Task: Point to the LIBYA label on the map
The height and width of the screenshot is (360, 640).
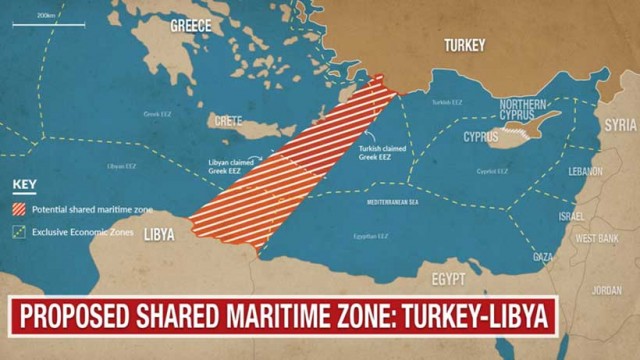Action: point(159,235)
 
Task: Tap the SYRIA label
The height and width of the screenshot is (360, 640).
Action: point(620,125)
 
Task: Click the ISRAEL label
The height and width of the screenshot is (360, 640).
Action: point(571,216)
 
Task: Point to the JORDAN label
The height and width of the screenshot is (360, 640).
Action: point(606,291)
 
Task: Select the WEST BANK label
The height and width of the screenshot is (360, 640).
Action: point(598,238)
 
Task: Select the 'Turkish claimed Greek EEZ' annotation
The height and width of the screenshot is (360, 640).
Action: point(380,153)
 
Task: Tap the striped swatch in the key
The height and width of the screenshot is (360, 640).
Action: point(20,209)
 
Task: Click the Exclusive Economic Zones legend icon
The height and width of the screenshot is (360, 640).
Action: point(20,232)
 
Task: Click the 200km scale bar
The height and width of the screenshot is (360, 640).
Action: point(45,22)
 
